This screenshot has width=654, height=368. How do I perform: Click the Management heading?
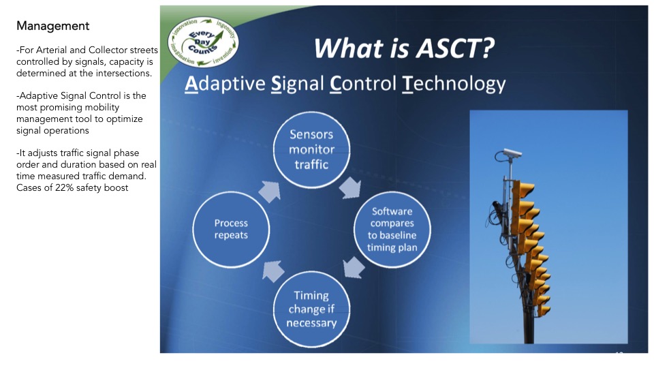(x=52, y=26)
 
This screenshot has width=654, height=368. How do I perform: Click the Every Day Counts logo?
(x=203, y=42)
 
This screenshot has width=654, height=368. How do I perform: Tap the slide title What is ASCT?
(x=404, y=48)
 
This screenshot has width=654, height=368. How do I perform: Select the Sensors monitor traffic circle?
(x=311, y=150)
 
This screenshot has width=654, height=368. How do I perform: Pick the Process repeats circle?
(x=231, y=230)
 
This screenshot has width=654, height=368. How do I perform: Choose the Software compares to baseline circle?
(x=392, y=230)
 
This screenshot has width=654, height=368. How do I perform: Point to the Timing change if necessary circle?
(x=311, y=309)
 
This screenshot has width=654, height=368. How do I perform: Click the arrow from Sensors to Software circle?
(x=350, y=187)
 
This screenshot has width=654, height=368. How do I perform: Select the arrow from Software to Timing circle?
(x=354, y=267)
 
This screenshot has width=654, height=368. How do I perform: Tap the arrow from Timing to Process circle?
(x=273, y=271)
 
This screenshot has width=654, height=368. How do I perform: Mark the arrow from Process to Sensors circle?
(x=270, y=191)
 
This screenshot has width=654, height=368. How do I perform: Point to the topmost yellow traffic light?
(x=523, y=190)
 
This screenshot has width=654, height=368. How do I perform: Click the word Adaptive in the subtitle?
(x=225, y=83)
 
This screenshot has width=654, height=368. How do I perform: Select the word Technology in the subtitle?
(x=454, y=83)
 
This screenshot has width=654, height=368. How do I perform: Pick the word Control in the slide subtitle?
(x=363, y=83)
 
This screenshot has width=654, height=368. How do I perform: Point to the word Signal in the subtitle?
(x=298, y=83)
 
